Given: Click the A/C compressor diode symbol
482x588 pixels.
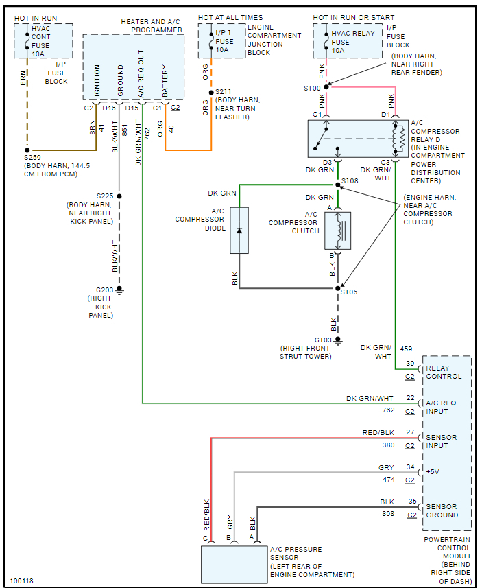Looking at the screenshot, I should coord(239,230).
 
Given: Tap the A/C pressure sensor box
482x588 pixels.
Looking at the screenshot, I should coord(233,564).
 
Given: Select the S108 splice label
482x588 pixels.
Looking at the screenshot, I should coord(350,181).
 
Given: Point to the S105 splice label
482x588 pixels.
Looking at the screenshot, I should coord(350,292).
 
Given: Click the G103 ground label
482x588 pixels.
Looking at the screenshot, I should coord(324,340).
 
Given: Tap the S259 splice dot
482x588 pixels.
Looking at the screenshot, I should coord(27,150).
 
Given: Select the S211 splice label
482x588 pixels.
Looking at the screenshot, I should coord(224,92).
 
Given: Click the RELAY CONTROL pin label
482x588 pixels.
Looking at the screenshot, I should coord(444,372).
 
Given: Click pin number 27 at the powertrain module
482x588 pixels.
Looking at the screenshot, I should coord(410,433).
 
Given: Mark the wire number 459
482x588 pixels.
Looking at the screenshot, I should coord(406,349).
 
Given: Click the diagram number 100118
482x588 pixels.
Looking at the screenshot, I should coord(21,581).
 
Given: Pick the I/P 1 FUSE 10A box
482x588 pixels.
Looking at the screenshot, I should coord(221,42).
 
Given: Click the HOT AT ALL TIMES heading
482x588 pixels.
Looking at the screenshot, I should coord(230,17).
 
